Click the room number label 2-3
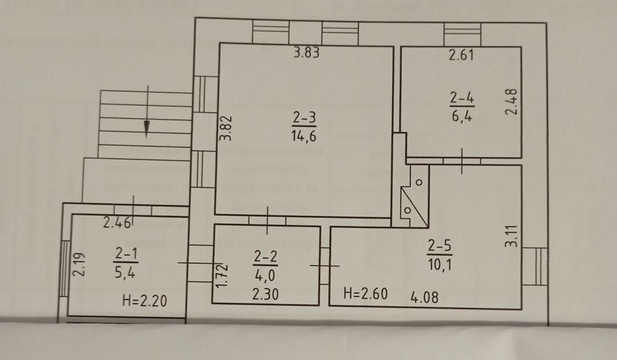[304, 117]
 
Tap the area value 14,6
[304, 136]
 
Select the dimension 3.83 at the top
[307, 52]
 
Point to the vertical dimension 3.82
[225, 128]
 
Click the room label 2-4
[462, 98]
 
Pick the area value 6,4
[462, 116]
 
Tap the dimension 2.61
[462, 55]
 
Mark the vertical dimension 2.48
[511, 102]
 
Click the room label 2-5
[440, 246]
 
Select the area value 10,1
[440, 264]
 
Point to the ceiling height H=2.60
[365, 293]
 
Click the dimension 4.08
[424, 296]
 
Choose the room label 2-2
[265, 257]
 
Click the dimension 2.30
[265, 294]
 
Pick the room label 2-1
[126, 254]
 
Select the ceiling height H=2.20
[145, 301]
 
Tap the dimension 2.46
[117, 223]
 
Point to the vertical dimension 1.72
[222, 275]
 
